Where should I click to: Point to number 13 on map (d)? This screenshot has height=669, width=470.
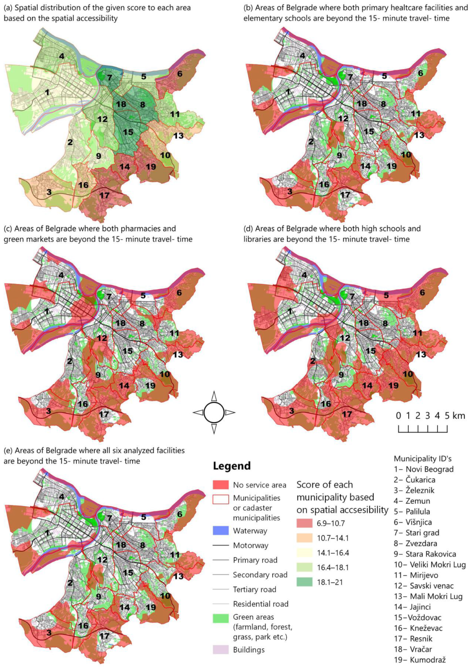pos(421,354)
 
